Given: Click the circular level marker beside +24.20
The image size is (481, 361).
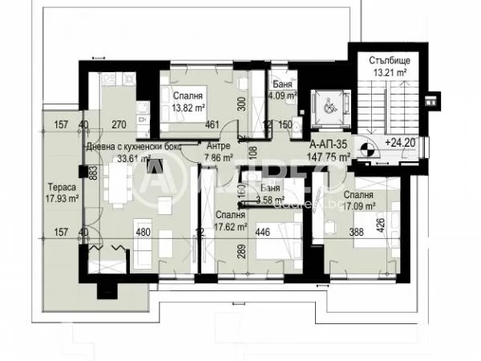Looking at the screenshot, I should [x=366, y=148].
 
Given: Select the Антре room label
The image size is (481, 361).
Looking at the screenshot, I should [x=219, y=146].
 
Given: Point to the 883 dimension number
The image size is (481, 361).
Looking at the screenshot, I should [x=93, y=174].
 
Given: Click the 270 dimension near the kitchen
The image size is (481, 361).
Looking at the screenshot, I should [x=119, y=124].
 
